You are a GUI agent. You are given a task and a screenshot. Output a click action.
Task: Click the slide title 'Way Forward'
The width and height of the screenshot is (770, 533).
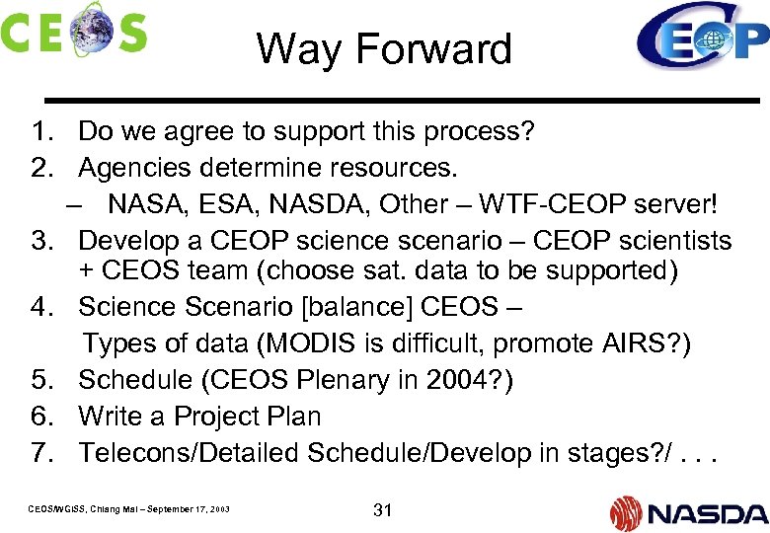[384, 48]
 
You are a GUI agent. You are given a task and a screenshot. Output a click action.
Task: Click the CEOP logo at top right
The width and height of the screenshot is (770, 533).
[701, 38]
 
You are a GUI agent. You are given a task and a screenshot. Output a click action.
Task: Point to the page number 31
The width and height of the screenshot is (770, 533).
[383, 510]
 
